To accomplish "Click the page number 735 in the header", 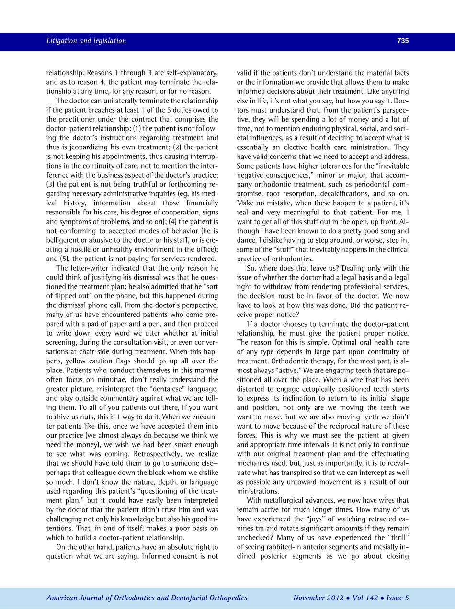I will (403, 41).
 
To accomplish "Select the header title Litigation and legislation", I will (86, 41).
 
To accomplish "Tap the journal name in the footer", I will (147, 598).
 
